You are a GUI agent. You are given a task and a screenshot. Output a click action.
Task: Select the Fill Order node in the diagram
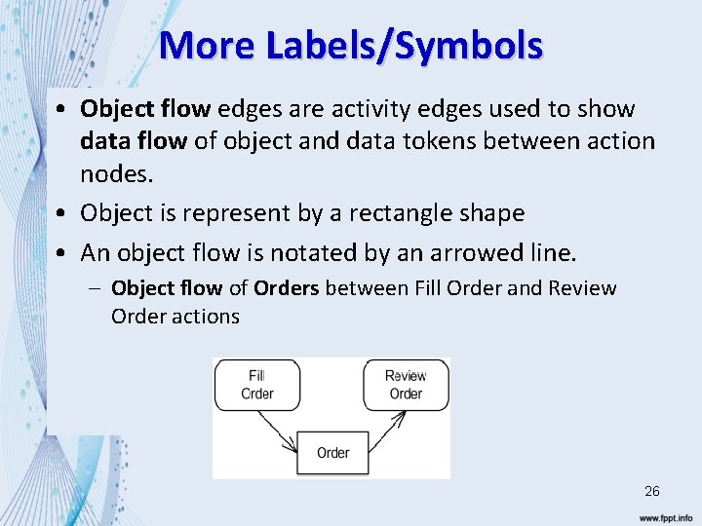pyautogui.click(x=256, y=385)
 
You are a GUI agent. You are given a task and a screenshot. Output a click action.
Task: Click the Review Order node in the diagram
pyautogui.click(x=406, y=385)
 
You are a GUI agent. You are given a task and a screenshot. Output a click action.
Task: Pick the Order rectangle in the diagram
pyautogui.click(x=332, y=453)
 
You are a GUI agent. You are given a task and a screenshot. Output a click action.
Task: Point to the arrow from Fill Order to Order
pyautogui.click(x=278, y=431)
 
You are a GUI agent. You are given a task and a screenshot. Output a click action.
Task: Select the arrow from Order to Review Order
pyautogui.click(x=387, y=431)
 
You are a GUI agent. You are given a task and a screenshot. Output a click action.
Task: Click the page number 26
pyautogui.click(x=651, y=491)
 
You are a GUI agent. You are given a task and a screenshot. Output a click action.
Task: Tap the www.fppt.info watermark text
pyautogui.click(x=666, y=517)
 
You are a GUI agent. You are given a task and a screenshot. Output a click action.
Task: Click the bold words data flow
pyautogui.click(x=134, y=141)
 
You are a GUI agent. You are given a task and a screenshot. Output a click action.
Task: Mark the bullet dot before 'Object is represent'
pyautogui.click(x=61, y=213)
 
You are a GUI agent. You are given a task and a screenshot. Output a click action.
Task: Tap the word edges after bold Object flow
pyautogui.click(x=253, y=108)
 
